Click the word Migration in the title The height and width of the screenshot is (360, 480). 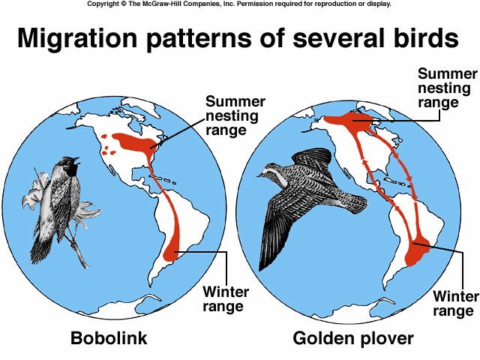77,38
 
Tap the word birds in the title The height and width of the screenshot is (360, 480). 426,37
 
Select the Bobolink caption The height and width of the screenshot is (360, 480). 109,338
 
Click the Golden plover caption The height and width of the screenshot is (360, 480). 353,338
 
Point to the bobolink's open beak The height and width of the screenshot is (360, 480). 77,160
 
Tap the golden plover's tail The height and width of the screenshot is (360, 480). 355,202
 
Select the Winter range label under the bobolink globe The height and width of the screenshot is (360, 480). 226,298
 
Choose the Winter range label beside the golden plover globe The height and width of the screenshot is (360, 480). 456,303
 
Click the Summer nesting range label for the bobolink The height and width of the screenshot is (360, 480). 235,115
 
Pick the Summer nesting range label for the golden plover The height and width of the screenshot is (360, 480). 448,88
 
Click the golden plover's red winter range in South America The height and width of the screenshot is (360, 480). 416,253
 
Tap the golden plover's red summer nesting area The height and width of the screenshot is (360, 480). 349,120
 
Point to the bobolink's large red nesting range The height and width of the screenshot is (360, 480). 135,142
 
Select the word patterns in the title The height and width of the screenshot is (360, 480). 199,39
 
